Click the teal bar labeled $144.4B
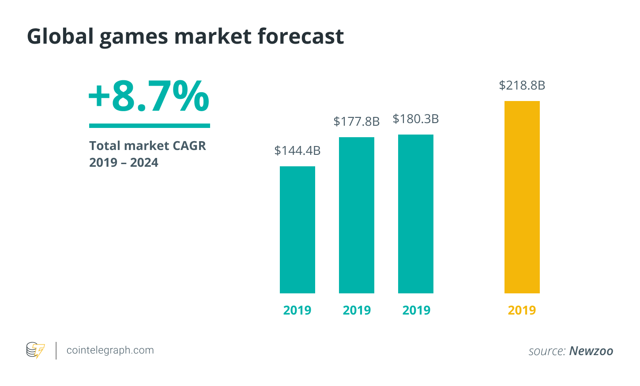click(x=297, y=229)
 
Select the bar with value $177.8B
click(x=356, y=215)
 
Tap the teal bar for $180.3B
click(x=415, y=214)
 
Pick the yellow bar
click(x=522, y=197)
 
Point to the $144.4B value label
click(x=297, y=150)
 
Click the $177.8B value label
click(x=356, y=121)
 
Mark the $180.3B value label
click(x=415, y=119)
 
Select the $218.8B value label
click(x=522, y=85)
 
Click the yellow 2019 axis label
click(x=522, y=310)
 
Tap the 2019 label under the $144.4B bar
click(x=297, y=310)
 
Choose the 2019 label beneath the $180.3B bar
click(x=416, y=310)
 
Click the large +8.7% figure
click(x=149, y=96)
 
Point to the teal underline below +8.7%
click(x=149, y=126)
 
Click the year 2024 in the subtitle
click(x=144, y=163)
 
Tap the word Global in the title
click(x=60, y=36)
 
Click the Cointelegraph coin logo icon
click(x=35, y=350)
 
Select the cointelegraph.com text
click(x=110, y=350)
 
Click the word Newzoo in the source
click(x=591, y=351)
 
